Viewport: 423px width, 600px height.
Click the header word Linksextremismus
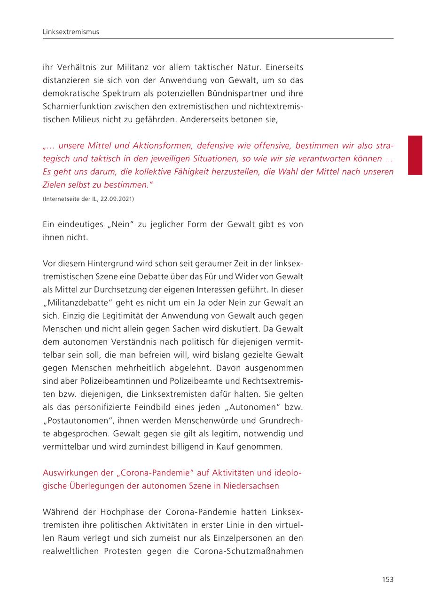coord(70,32)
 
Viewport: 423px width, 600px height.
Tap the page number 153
coord(387,579)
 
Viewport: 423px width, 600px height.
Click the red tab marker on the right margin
coord(415,155)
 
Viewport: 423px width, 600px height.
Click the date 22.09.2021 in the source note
coord(117,199)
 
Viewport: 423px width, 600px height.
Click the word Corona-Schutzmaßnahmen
coord(249,551)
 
